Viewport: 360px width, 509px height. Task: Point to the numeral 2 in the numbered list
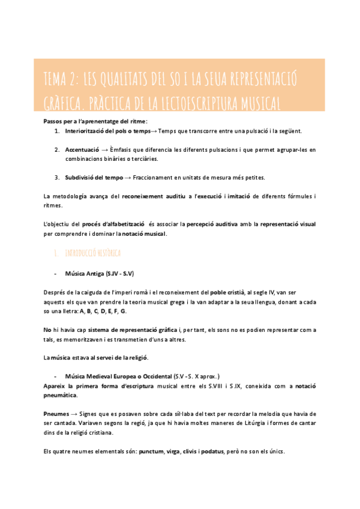coord(56,149)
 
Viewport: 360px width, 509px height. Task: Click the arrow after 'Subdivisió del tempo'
coord(127,177)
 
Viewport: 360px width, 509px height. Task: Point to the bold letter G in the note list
coord(123,312)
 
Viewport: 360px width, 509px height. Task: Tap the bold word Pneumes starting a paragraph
coord(56,414)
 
